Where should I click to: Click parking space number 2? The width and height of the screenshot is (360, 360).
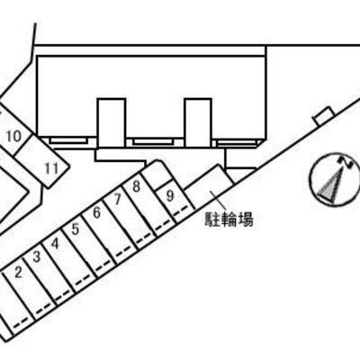[19, 273]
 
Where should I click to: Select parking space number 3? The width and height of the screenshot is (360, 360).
[37, 256]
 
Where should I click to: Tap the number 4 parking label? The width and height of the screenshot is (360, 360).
[55, 244]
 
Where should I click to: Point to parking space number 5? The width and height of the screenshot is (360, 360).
[76, 229]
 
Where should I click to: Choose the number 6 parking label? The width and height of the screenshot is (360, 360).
[96, 212]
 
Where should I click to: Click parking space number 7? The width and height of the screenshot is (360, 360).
[117, 199]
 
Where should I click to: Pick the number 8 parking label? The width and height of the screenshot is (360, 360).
[137, 187]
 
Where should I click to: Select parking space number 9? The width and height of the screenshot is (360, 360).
[170, 196]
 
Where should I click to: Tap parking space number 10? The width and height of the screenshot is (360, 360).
[14, 137]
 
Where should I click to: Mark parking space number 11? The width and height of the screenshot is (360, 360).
[51, 168]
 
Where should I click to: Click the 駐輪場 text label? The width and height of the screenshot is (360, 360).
[229, 220]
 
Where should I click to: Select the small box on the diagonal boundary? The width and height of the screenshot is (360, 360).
[324, 115]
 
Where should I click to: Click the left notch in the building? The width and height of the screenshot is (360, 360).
[111, 123]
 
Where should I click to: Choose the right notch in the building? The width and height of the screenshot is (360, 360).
[198, 123]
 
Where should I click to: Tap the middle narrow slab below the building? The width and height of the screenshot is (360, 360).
[153, 141]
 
